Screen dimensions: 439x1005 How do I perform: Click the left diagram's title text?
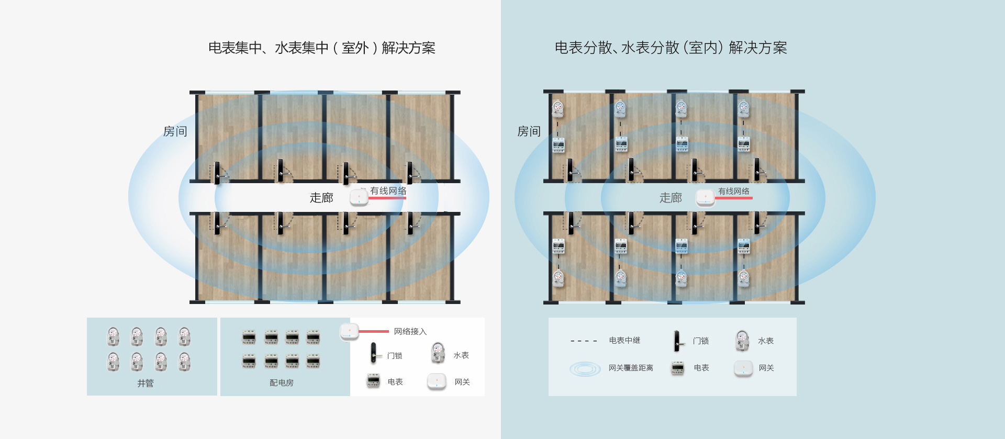coord(321,48)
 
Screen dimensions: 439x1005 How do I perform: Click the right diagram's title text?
coord(671,48)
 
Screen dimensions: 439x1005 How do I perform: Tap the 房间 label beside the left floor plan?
coord(175,131)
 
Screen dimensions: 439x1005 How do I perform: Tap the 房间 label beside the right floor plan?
coord(529,131)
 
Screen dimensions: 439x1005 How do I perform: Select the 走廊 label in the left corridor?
coord(321,198)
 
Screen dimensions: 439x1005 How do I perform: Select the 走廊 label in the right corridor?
coord(671,198)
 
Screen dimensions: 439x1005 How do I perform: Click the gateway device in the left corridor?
coord(358,197)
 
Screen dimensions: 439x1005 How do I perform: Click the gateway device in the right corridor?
coord(705,197)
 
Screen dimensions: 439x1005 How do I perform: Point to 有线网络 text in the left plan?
coord(388,191)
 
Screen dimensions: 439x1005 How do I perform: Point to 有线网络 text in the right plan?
coord(733,192)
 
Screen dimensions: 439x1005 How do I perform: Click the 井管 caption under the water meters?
coord(146,383)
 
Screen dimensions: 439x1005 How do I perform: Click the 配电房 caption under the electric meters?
coord(282,383)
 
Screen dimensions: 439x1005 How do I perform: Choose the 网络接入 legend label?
coord(410,332)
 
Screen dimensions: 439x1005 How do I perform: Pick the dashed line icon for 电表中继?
coord(584,341)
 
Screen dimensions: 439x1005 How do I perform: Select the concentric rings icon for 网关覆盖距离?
coord(585,369)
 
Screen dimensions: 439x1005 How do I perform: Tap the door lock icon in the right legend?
coord(678,341)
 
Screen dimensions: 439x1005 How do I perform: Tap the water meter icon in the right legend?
coord(742,341)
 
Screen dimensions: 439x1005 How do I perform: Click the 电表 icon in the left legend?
coord(373,381)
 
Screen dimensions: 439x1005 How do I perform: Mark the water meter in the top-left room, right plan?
coord(558,108)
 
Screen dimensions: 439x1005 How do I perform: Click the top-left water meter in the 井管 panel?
coord(113,336)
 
